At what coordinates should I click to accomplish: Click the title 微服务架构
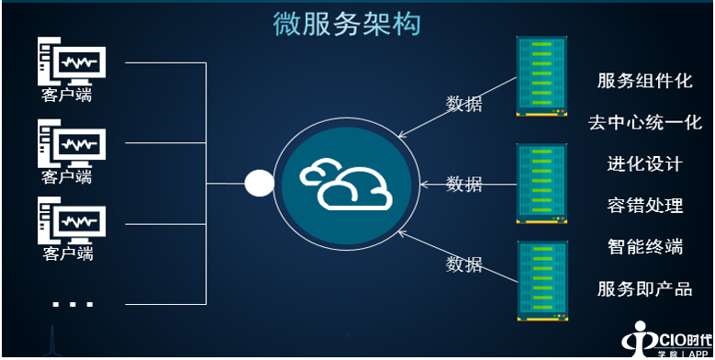348,24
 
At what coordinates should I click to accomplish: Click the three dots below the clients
73,303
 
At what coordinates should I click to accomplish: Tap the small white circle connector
259,183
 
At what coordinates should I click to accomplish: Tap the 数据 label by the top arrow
464,103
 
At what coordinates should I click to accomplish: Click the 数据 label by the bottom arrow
464,264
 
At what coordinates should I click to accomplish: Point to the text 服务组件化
644,81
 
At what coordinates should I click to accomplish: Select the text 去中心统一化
644,122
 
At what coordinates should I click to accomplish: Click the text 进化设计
644,164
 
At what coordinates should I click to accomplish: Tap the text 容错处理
644,205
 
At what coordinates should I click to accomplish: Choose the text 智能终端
644,246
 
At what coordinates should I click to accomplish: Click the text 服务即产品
644,288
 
